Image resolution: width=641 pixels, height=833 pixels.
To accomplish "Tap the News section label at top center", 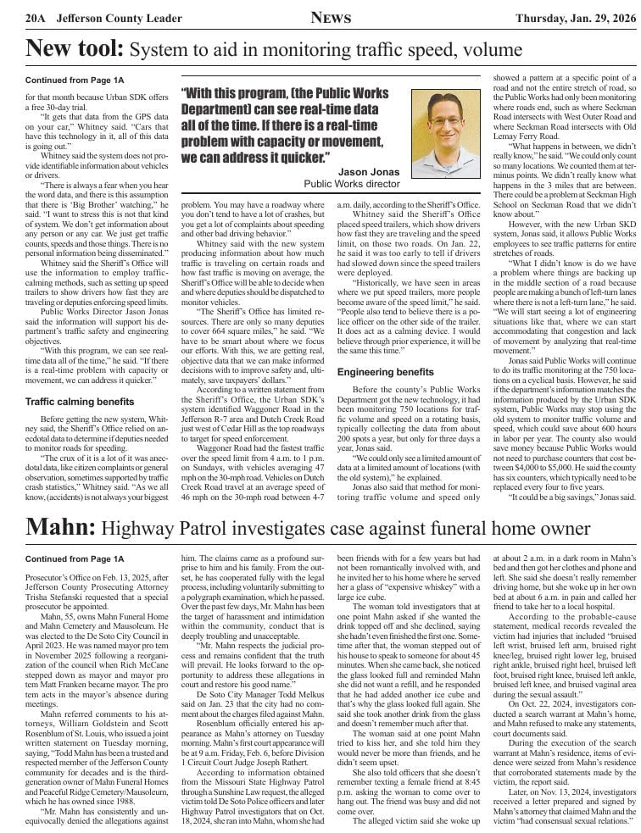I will pos(329,17).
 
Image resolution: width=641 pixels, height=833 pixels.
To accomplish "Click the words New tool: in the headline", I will pos(75,49).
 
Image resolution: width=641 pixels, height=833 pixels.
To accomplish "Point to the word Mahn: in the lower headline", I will pos(59,528).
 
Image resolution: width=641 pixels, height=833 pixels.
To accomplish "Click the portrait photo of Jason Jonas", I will pos(444,135).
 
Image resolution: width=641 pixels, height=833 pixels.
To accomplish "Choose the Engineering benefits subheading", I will pos(386,372).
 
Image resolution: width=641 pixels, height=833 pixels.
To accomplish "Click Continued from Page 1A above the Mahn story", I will pos(75,559).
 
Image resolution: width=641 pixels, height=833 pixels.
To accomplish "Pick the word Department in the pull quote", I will pos(226,109).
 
